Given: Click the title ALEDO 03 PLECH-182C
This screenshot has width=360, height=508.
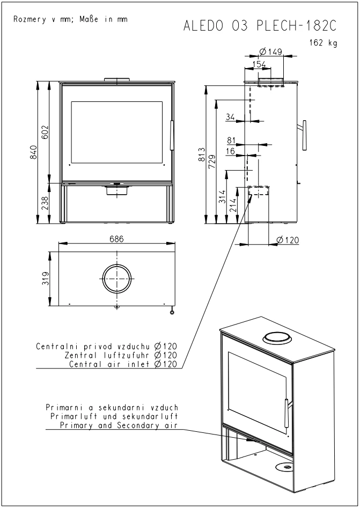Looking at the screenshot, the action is tap(260, 26).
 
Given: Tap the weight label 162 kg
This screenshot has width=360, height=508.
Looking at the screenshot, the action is tap(324, 43).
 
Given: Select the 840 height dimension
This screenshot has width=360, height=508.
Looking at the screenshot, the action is tap(33, 152).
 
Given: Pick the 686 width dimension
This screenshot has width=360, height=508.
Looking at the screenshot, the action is tap(116, 239).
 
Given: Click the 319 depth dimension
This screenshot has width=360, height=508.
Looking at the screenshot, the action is tap(45, 278).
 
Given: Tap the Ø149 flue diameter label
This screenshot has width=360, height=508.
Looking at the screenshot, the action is tap(271, 51).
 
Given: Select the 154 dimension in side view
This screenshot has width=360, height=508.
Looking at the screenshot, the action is tap(259, 64).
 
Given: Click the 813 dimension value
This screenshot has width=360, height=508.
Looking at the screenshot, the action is tap(202, 154).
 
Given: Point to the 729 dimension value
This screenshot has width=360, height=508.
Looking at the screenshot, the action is tap(212, 161).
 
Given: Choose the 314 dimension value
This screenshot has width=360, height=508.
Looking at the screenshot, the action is tap(222, 197).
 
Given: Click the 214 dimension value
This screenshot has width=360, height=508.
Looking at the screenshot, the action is tap(233, 205).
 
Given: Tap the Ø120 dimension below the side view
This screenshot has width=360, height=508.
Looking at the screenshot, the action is tap(288, 240).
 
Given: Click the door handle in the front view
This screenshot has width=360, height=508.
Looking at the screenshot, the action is tap(172, 135).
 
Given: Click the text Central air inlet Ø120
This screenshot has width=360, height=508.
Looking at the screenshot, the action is tap(123, 364).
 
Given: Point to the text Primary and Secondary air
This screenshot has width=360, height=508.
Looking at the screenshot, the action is tap(119, 425).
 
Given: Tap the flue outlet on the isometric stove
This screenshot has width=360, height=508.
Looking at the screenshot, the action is tap(277, 338).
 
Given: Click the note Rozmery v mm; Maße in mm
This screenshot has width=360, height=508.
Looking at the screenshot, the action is tap(70, 19).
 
